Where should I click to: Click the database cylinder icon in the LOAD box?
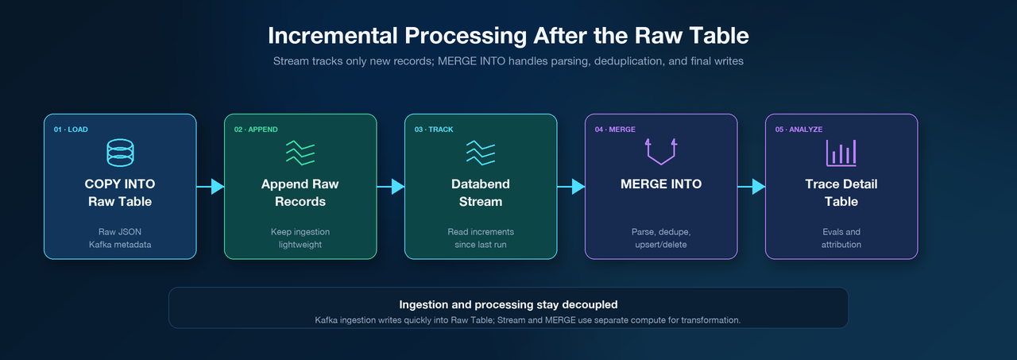point(120,153)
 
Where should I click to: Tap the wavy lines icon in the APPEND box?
point(300,153)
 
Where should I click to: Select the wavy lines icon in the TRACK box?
point(481,153)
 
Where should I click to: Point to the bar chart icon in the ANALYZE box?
point(841,153)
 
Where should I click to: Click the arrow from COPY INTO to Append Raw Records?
point(211,186)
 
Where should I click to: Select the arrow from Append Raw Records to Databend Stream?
point(390,186)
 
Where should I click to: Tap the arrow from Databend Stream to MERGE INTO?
point(570,186)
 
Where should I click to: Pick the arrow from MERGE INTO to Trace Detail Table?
point(752,186)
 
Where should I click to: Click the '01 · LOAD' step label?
point(71,130)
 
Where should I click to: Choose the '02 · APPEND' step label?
point(256,130)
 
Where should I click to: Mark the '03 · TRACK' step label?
point(434,130)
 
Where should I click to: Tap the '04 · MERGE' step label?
point(615,130)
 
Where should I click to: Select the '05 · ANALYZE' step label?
point(799,130)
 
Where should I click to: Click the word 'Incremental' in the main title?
point(333,36)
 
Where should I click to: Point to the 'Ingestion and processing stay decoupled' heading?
point(508,304)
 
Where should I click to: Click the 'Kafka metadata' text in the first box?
point(120,244)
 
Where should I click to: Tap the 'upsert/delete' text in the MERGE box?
point(661,245)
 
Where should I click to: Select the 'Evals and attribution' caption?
point(841,238)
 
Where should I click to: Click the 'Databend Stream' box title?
point(481,192)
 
